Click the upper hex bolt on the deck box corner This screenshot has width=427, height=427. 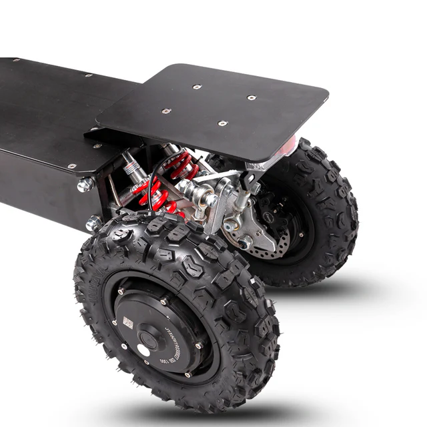coord(85,185)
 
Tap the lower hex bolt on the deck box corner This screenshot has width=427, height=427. coord(93,223)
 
